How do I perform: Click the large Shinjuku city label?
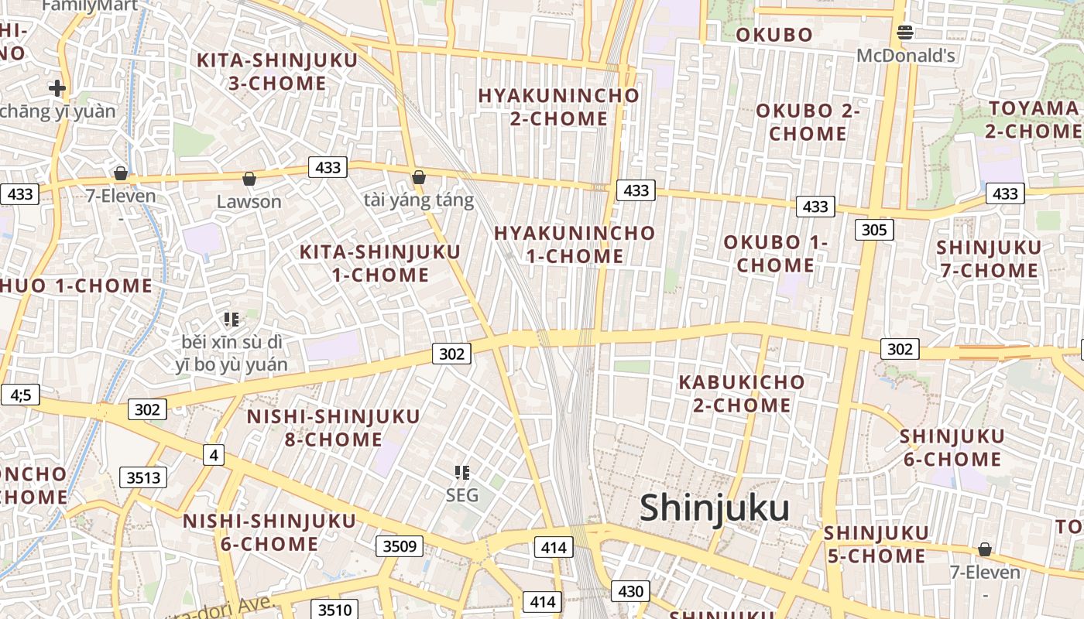click(x=715, y=508)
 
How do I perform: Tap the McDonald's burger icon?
click(x=905, y=32)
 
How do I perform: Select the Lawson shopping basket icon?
click(x=249, y=180)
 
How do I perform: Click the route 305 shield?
click(x=874, y=230)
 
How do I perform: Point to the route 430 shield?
click(x=630, y=592)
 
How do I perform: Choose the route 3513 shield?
click(x=144, y=477)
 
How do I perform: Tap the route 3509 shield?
click(x=400, y=547)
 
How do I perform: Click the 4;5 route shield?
click(x=20, y=395)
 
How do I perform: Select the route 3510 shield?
click(x=334, y=610)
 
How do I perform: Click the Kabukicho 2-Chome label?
click(x=742, y=393)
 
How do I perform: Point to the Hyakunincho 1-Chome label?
click(x=575, y=245)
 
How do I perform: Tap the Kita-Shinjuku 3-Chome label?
click(x=277, y=72)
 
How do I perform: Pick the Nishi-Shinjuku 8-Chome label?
click(x=334, y=428)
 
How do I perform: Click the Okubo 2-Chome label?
click(x=808, y=121)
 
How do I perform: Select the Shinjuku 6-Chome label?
click(x=952, y=447)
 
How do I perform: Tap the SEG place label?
click(x=462, y=495)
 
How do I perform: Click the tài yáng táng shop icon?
click(x=419, y=178)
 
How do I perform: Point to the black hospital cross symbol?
click(x=57, y=88)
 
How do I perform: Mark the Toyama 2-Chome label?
click(x=1034, y=119)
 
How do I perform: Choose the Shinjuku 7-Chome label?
click(x=989, y=258)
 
